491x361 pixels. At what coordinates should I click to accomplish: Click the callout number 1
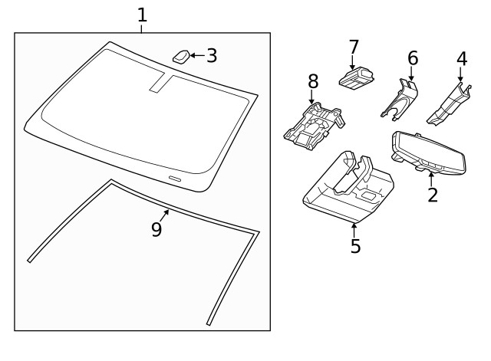(x=142, y=14)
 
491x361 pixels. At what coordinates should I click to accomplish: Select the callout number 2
(x=433, y=195)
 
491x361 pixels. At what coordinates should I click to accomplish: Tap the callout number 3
(x=212, y=55)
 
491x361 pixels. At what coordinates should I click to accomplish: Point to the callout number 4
(x=461, y=58)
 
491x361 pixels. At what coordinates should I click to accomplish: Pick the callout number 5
(x=355, y=246)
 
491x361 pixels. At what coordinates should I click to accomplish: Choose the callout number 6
(x=413, y=58)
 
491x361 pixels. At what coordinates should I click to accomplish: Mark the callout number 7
(x=354, y=47)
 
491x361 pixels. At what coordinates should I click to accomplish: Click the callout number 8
(x=312, y=81)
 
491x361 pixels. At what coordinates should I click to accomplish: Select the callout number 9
(x=157, y=229)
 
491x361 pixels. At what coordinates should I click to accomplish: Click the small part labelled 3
(x=182, y=56)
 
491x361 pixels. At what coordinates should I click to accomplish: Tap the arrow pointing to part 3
(x=196, y=55)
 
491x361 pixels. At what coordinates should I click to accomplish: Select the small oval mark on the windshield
(x=175, y=178)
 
